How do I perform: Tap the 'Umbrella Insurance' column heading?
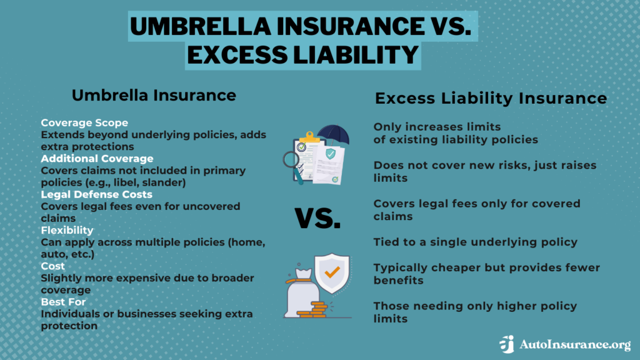click(154, 95)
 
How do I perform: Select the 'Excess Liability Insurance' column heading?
click(491, 98)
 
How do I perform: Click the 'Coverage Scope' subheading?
click(84, 122)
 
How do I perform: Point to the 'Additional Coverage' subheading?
click(97, 159)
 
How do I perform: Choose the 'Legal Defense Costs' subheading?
click(96, 194)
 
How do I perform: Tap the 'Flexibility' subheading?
click(67, 230)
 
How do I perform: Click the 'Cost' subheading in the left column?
click(52, 266)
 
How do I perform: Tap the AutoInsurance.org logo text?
click(574, 344)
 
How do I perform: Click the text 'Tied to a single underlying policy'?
click(475, 241)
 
